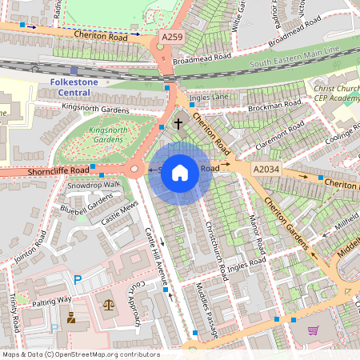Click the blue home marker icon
(180, 171)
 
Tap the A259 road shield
(171, 37)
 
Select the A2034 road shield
(266, 170)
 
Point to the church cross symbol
(178, 124)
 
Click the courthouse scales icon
(109, 305)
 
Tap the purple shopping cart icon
(313, 330)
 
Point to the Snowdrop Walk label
(93, 185)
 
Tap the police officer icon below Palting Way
(71, 318)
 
